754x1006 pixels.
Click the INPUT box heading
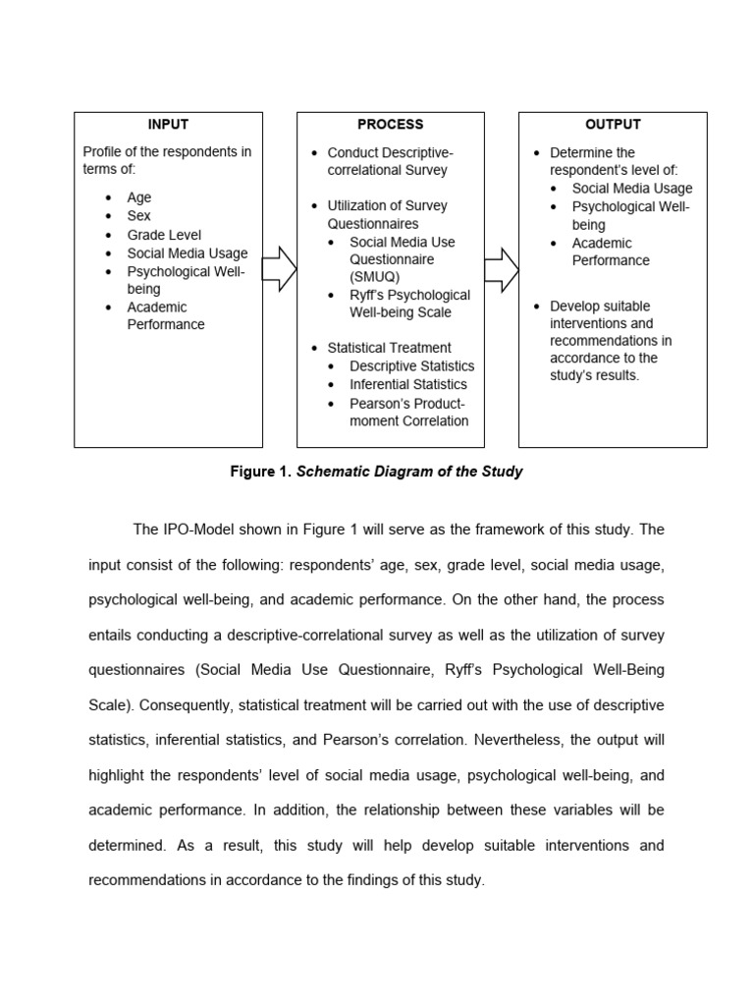point(168,125)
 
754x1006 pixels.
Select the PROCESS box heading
point(390,125)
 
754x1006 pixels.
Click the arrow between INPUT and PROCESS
point(280,269)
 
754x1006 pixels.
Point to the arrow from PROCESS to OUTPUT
point(502,269)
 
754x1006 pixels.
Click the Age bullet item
point(138,197)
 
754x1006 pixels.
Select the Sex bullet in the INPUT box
point(138,216)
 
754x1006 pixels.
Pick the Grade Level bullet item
point(163,235)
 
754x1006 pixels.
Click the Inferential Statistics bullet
point(407,384)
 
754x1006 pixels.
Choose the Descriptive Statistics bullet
point(411,365)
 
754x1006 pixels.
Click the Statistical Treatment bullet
point(389,348)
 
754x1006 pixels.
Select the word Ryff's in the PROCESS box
point(366,295)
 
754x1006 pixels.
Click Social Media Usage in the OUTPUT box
point(631,188)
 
